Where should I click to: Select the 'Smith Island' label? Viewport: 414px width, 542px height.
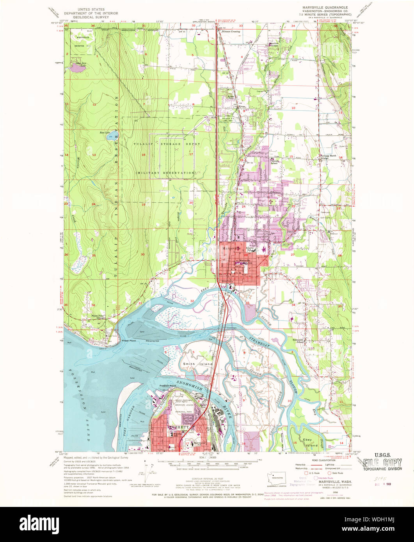click(198, 364)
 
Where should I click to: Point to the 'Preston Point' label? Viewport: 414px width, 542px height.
click(169, 386)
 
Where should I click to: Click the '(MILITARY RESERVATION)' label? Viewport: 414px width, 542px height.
click(165, 172)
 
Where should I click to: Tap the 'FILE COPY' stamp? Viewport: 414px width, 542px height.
click(382, 463)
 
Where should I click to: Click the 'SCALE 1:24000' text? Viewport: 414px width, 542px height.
click(206, 457)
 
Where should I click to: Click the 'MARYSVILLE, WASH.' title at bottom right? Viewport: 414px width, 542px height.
click(334, 482)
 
